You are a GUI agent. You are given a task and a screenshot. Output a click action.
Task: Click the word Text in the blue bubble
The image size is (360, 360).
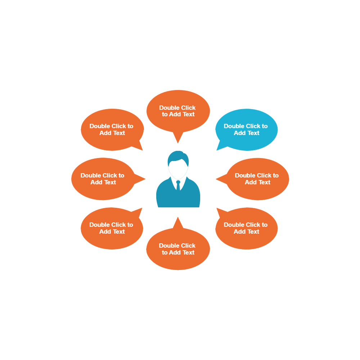pyautogui.click(x=253, y=133)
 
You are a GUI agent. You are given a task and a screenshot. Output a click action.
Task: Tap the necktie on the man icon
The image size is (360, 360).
pyautogui.click(x=178, y=185)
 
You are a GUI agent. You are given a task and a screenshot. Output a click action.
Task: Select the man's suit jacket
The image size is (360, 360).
pyautogui.click(x=166, y=196)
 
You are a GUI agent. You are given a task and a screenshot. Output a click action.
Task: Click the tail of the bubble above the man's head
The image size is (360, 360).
pyautogui.click(x=178, y=137)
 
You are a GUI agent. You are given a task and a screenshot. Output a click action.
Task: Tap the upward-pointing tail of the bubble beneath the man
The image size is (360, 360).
pyautogui.click(x=178, y=222)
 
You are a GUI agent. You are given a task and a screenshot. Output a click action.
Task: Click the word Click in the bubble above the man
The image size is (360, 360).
pyautogui.click(x=188, y=108)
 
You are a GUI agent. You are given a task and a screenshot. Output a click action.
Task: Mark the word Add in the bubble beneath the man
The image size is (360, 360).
pyautogui.click(x=175, y=252)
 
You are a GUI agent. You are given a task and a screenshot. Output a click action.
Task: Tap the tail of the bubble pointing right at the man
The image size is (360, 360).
pyautogui.click(x=140, y=179)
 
